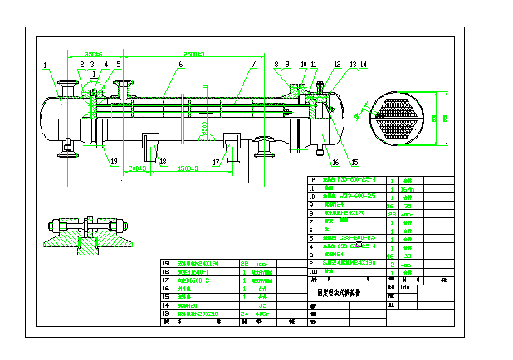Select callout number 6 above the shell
(x=180, y=64)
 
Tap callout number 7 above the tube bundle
(x=253, y=64)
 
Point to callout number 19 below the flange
(x=115, y=161)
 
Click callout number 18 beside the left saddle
(x=163, y=161)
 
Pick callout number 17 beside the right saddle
(x=215, y=162)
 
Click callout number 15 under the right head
(x=355, y=162)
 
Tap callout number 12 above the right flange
(x=337, y=64)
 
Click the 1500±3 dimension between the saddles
(x=189, y=169)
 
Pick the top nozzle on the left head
(x=65, y=84)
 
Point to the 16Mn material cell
(x=408, y=189)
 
